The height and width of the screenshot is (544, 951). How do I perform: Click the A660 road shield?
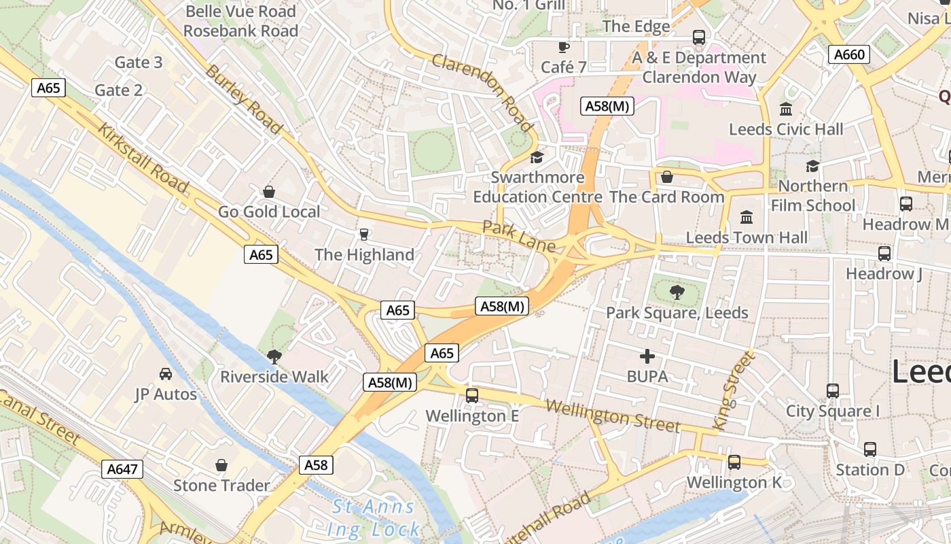[x=849, y=55]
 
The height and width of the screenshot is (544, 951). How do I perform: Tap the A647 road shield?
[x=123, y=469]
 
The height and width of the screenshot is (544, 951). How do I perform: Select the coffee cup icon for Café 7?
[x=563, y=47]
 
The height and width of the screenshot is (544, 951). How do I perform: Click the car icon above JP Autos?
[x=166, y=374]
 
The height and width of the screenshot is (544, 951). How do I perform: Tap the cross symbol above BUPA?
[x=647, y=356]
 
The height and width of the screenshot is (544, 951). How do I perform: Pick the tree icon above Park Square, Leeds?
[x=677, y=292]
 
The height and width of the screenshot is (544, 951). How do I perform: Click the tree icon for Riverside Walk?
[x=274, y=356]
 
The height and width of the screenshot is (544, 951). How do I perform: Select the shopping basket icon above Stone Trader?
[x=221, y=465]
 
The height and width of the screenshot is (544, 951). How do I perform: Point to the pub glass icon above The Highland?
[x=364, y=235]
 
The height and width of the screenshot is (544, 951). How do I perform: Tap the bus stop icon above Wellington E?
[x=472, y=395]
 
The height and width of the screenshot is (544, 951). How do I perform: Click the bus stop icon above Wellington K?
[x=734, y=462]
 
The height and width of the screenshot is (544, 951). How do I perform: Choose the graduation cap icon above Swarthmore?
[x=537, y=157]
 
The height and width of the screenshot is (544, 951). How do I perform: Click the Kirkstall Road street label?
[x=143, y=158]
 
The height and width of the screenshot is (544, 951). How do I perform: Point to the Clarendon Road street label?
[x=482, y=92]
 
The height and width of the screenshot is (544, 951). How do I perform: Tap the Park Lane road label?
[x=519, y=236]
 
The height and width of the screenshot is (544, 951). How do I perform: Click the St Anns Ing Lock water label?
[x=373, y=518]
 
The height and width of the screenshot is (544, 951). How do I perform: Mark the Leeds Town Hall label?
[x=747, y=237]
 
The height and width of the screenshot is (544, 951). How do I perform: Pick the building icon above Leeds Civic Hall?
[x=786, y=109]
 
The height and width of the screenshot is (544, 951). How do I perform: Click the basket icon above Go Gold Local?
[x=269, y=192]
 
